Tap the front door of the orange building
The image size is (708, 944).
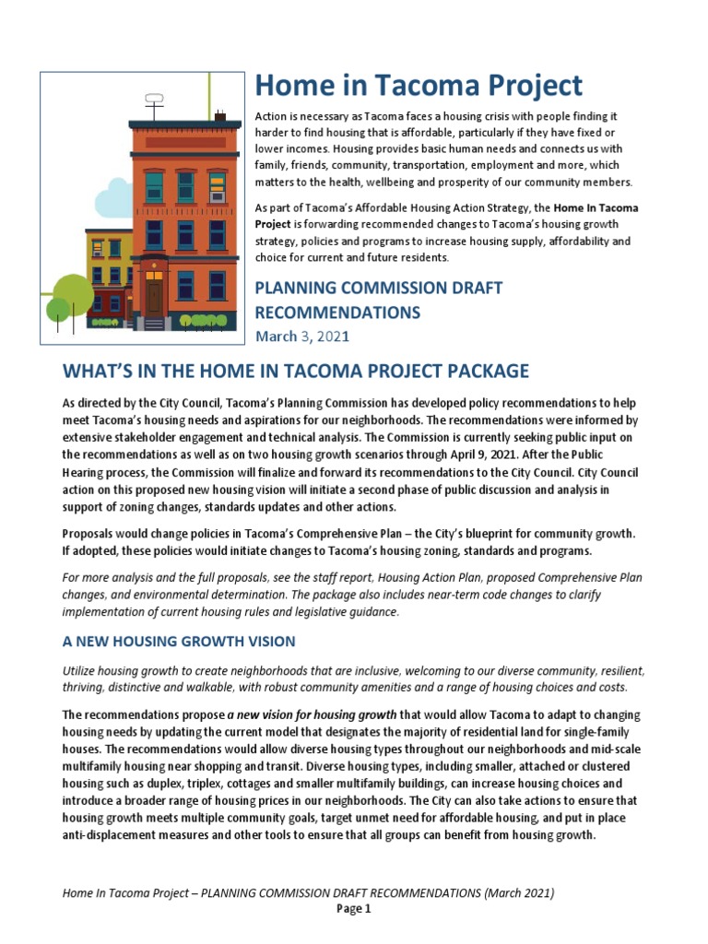(154, 297)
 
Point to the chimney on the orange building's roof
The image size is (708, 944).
(220, 116)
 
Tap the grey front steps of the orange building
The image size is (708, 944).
(154, 324)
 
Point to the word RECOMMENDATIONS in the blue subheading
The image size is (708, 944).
(337, 313)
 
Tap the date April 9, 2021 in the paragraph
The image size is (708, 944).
(534, 454)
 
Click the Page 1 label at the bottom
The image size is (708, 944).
(353, 909)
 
